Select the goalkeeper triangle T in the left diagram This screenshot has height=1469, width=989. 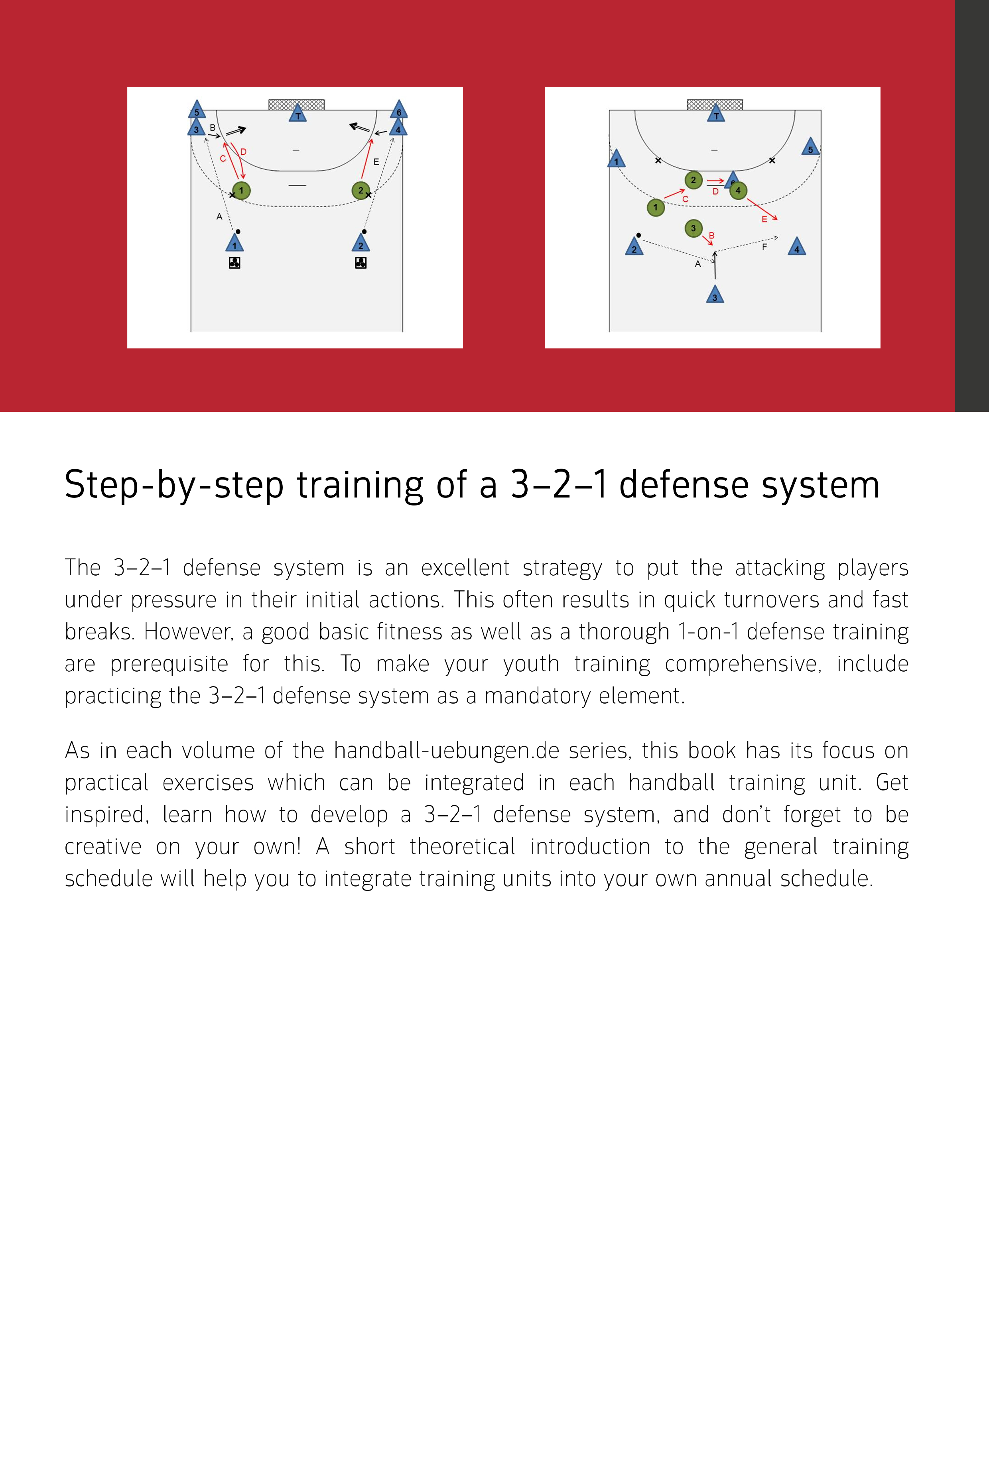[298, 114]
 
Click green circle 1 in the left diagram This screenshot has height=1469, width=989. [241, 191]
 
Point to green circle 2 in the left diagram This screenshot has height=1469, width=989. [361, 191]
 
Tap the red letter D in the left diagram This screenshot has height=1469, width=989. [244, 152]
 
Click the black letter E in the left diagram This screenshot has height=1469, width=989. [376, 162]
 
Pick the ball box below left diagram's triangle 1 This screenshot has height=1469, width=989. [234, 263]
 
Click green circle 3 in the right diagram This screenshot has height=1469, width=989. [693, 228]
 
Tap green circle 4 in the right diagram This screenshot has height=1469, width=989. [738, 191]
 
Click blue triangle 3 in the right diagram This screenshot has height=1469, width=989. [715, 295]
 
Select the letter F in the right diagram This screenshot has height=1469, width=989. [764, 247]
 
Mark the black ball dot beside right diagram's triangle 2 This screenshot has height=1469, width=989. [638, 235]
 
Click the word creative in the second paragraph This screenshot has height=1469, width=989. [103, 847]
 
